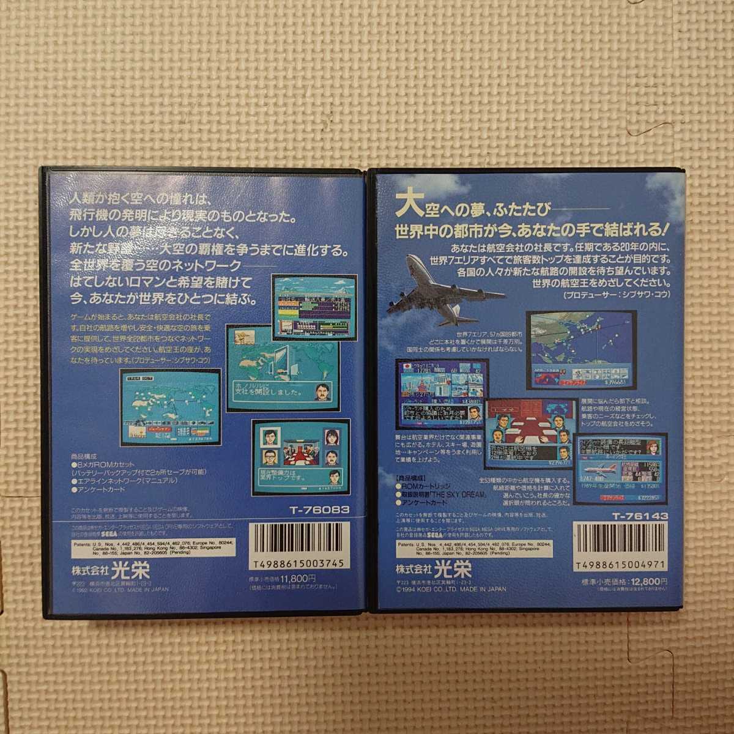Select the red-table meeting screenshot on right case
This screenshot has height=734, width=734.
(x=527, y=437)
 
